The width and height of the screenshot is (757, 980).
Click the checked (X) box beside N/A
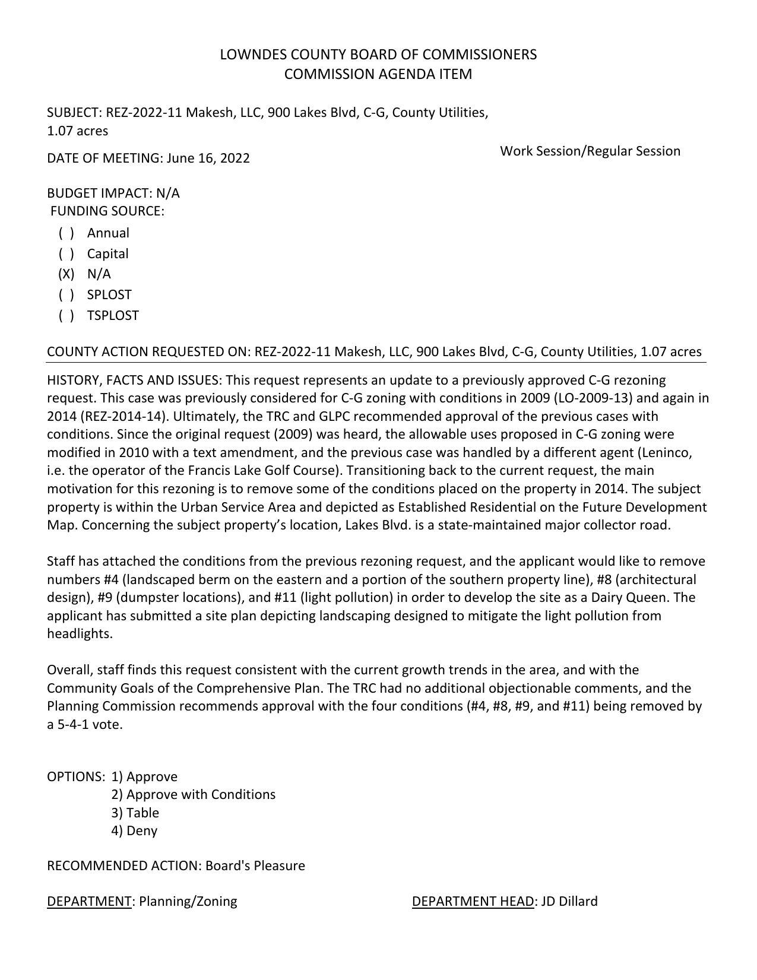click(66, 274)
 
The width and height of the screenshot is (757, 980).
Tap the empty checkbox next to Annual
click(66, 233)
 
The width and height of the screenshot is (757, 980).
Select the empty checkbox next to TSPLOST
click(66, 316)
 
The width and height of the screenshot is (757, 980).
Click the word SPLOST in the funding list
click(109, 295)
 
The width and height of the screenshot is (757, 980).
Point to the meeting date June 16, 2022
click(208, 158)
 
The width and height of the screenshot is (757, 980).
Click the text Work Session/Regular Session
click(590, 151)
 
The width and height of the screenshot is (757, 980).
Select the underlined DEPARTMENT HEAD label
click(473, 902)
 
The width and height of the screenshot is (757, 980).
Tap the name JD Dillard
click(569, 902)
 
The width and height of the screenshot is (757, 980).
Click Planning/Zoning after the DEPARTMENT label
click(188, 902)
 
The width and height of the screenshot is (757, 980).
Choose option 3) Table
click(135, 813)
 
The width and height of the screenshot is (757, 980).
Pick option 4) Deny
click(134, 831)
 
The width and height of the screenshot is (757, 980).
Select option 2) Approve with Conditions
click(193, 795)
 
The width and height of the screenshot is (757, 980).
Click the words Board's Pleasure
click(255, 866)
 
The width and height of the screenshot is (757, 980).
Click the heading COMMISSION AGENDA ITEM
click(378, 74)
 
